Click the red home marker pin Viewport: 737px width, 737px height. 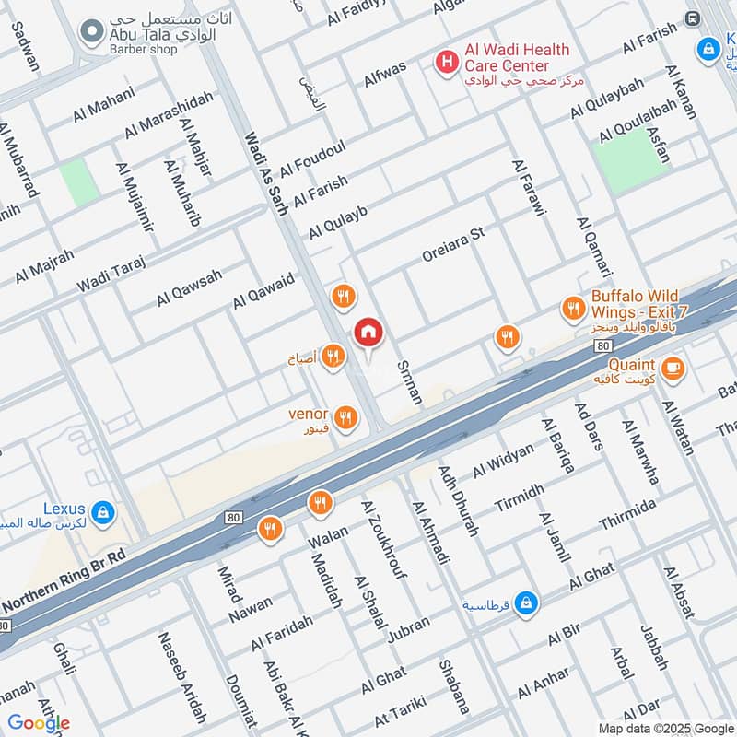[368, 333]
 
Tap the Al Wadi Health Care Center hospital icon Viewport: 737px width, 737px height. [447, 62]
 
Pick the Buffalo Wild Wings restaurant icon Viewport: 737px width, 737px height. [574, 310]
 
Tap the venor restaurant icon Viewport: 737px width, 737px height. [345, 418]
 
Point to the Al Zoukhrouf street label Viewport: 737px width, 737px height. [385, 543]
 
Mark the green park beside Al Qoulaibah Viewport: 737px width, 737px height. [631, 160]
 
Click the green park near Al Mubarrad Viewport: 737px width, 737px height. [80, 182]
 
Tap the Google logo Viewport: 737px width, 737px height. [39, 723]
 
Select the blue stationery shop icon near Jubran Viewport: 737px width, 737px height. [525, 602]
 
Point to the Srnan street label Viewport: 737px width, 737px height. [408, 382]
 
